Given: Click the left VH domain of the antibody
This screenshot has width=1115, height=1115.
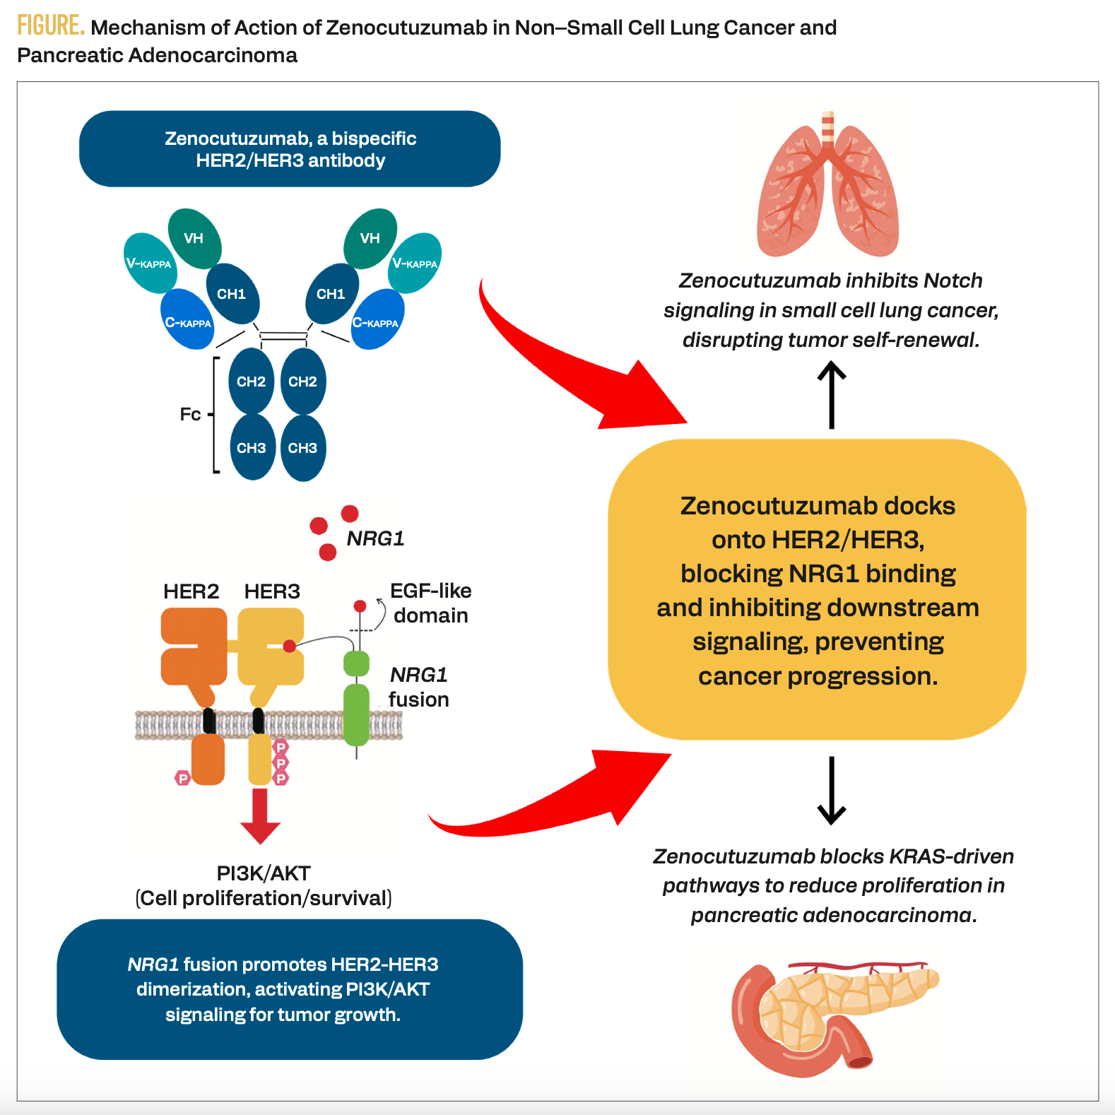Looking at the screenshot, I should pyautogui.click(x=194, y=239).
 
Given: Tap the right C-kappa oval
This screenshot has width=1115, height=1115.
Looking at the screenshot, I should pyautogui.click(x=377, y=321).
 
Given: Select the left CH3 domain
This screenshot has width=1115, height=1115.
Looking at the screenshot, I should pyautogui.click(x=252, y=448).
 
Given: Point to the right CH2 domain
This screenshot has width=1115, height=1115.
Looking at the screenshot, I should pyautogui.click(x=303, y=382).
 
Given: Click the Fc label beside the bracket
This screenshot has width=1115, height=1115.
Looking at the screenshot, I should pyautogui.click(x=190, y=414).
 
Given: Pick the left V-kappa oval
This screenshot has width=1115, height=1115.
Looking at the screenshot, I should pyautogui.click(x=149, y=264).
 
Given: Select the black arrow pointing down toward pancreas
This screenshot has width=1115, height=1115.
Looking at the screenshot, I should pyautogui.click(x=832, y=790).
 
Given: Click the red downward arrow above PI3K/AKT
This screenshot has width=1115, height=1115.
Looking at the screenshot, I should pyautogui.click(x=260, y=816).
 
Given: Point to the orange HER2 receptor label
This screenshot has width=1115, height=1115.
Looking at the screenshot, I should pyautogui.click(x=191, y=591).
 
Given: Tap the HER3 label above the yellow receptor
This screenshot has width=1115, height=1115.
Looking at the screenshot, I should pyautogui.click(x=272, y=591).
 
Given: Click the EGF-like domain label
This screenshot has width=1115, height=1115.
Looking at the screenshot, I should pyautogui.click(x=430, y=603).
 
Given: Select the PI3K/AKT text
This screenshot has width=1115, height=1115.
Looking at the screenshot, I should pyautogui.click(x=264, y=873).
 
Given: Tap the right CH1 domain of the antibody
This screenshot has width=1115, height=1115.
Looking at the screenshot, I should pyautogui.click(x=331, y=294).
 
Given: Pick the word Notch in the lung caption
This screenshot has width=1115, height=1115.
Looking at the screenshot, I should pyautogui.click(x=952, y=281).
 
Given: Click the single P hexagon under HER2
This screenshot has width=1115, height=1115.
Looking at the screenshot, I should pyautogui.click(x=183, y=778).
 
